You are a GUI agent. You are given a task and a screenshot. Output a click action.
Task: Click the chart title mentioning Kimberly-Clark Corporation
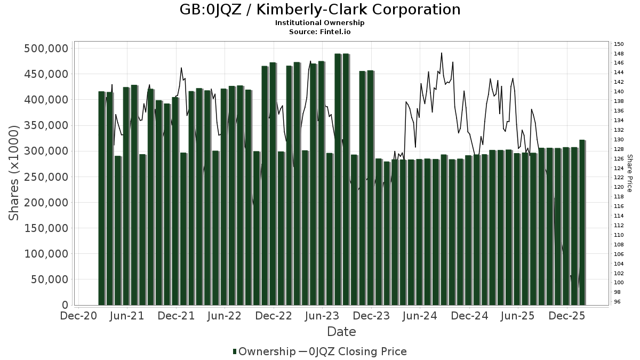click(x=320, y=10)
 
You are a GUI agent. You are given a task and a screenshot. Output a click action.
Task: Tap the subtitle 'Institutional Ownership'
click(x=320, y=23)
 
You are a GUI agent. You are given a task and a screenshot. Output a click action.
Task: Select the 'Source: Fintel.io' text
click(x=320, y=32)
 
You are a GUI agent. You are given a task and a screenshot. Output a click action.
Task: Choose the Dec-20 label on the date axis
click(x=78, y=316)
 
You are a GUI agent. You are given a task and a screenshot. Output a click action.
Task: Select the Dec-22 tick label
click(x=274, y=316)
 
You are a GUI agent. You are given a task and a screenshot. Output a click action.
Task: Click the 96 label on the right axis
click(x=617, y=302)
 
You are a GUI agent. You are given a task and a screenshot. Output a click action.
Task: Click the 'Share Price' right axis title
click(x=630, y=173)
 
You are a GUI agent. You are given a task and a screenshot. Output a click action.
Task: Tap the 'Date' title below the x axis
click(x=341, y=332)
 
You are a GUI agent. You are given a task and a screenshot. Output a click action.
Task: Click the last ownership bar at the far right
click(x=582, y=224)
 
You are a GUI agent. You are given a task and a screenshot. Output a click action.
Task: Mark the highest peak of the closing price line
click(x=442, y=53)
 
